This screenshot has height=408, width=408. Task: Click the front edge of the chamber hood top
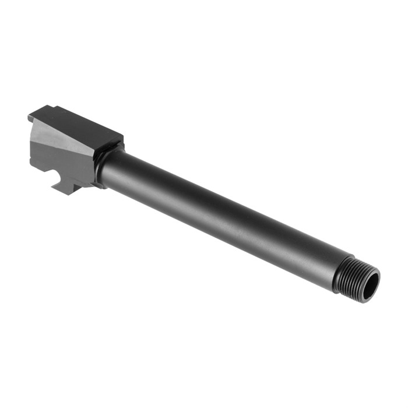(114, 140)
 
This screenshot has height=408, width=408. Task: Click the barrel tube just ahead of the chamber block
(117, 169)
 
